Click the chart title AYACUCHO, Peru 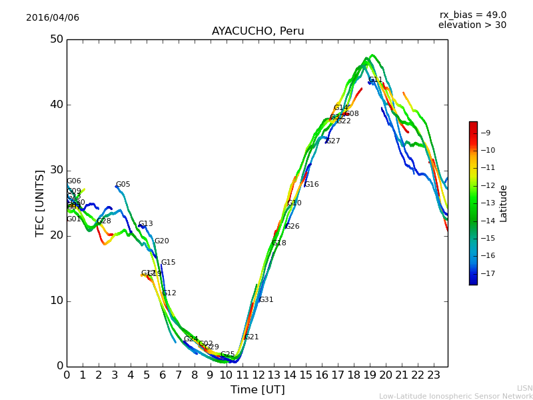258,31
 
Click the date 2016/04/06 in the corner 53,17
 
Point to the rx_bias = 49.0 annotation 473,15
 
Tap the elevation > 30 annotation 472,25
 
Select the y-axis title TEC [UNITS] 41,203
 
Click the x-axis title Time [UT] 258,389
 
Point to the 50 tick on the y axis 56,39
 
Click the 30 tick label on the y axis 56,170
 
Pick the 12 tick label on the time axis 258,375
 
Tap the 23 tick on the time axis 433,375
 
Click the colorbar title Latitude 504,203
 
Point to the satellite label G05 123,185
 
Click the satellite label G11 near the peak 376,80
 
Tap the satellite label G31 266,300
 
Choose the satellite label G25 228,355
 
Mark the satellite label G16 312,185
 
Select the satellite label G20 162,241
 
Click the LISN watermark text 525,388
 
